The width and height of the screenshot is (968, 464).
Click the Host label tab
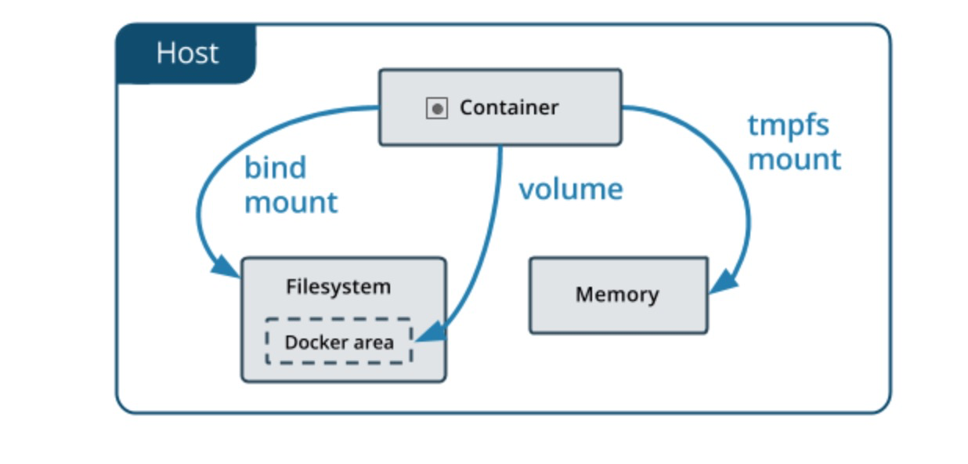(186, 53)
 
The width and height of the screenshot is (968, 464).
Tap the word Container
(509, 107)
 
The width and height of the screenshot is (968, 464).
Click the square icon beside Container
(437, 108)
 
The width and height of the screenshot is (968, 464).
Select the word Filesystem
(338, 287)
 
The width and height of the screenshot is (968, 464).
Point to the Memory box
(619, 295)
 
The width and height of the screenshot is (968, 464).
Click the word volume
(571, 189)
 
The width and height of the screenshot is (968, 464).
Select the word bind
(275, 168)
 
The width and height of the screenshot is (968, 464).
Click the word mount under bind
(291, 202)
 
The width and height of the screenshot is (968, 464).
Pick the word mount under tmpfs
(794, 160)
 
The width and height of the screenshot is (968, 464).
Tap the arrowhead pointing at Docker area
(432, 333)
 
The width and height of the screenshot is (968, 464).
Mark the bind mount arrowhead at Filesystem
(225, 266)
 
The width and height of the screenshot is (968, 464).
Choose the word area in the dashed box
(374, 343)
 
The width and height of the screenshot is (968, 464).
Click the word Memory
(618, 295)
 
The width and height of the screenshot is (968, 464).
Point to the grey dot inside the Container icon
(437, 108)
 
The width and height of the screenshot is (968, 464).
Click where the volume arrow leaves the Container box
(500, 146)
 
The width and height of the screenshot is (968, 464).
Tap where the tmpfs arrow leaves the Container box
(623, 107)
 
